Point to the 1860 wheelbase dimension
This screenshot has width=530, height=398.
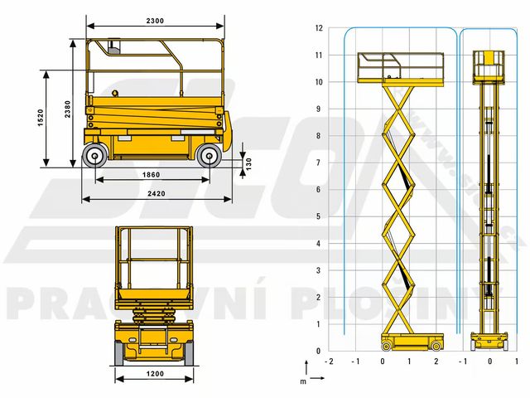point(151,175)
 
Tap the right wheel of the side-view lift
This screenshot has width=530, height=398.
point(210,155)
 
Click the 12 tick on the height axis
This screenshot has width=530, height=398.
point(319,28)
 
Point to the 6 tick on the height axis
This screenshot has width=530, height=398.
point(320,190)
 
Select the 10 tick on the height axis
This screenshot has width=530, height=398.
point(319,82)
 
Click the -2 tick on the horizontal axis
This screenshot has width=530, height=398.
point(330,362)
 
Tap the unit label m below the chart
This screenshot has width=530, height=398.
point(303,381)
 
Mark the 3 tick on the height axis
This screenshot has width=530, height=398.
point(320,270)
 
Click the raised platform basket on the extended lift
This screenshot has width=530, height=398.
point(400,67)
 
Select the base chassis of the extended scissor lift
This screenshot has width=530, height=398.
point(412,341)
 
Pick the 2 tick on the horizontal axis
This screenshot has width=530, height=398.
point(436,362)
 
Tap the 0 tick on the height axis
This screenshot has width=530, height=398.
point(320,351)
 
